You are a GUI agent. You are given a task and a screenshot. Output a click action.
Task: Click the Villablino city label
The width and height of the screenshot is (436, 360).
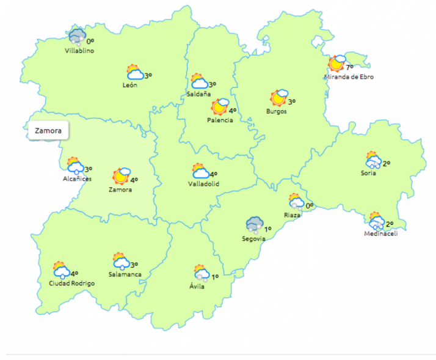[x=79, y=51]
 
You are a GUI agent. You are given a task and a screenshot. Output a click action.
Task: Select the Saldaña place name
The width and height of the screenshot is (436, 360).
[x=198, y=94]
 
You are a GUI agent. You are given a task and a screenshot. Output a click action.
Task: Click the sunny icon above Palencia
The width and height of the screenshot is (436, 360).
[x=220, y=107]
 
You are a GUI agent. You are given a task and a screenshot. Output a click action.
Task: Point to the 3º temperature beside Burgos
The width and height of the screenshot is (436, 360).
[x=292, y=101]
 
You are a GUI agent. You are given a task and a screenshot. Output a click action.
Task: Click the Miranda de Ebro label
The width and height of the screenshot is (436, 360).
[x=349, y=77]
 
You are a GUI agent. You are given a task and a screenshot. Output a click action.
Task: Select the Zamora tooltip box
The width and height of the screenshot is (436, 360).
[x=48, y=130]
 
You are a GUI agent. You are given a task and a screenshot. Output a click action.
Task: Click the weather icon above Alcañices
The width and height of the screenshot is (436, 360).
[x=75, y=166]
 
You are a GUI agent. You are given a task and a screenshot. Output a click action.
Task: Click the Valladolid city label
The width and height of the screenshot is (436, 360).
[x=203, y=184]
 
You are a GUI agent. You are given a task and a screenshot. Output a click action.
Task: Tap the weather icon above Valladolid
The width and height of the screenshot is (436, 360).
[x=200, y=171]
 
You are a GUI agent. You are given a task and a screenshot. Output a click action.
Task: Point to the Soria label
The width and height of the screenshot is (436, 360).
[x=368, y=173]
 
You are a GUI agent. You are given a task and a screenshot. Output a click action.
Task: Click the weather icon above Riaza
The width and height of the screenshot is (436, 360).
[x=296, y=202]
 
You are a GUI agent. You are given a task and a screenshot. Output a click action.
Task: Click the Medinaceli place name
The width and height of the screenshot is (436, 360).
[x=380, y=234]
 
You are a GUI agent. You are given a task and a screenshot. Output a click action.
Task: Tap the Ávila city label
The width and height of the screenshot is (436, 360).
[x=197, y=287]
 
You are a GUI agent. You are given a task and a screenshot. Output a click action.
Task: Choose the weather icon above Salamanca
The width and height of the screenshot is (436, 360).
[x=121, y=262]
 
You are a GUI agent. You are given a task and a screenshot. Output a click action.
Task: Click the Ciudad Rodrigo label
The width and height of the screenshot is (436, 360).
[x=72, y=284]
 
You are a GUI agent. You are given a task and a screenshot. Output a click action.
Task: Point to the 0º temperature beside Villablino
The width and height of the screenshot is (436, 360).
[x=90, y=42]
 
